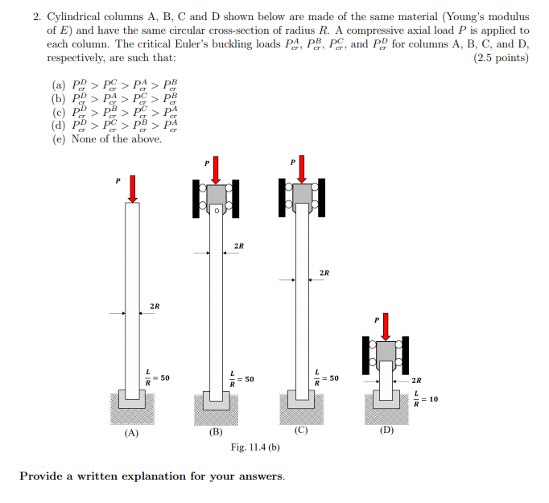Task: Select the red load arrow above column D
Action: (x=386, y=325)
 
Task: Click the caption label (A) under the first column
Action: (x=131, y=432)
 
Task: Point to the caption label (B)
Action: (x=216, y=432)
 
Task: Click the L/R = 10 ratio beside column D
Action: (x=424, y=398)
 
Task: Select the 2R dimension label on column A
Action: (x=155, y=306)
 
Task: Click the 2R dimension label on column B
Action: (x=239, y=245)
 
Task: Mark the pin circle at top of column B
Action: (x=216, y=211)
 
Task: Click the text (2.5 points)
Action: (x=502, y=58)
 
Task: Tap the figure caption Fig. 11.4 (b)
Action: (x=255, y=447)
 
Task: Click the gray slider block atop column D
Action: (x=386, y=351)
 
